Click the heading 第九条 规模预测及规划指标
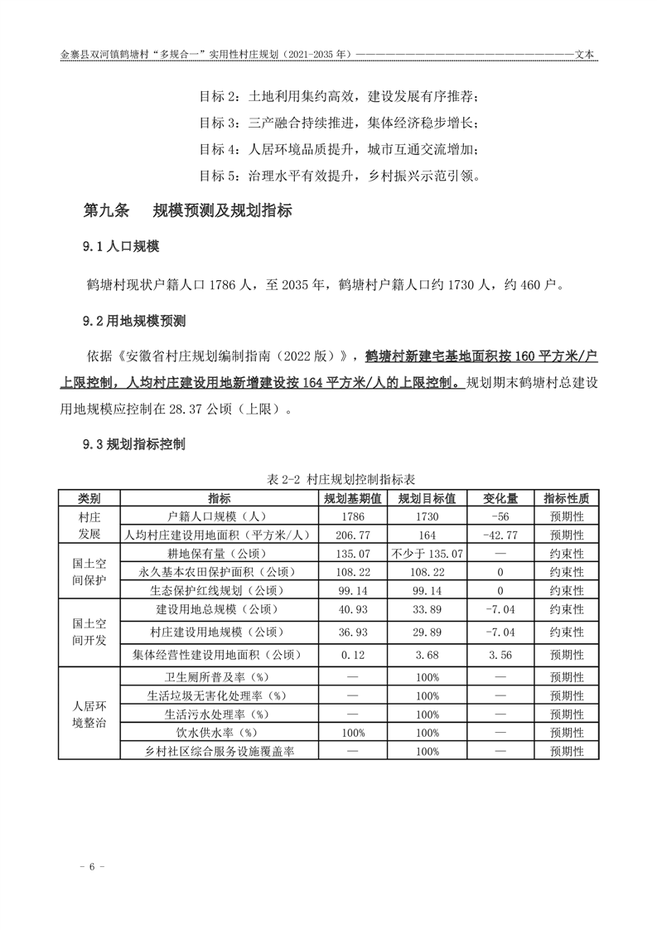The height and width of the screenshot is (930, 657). click(187, 211)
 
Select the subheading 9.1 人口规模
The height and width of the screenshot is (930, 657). click(120, 247)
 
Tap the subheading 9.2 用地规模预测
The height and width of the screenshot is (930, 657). click(133, 321)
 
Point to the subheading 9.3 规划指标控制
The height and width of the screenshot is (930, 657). click(133, 444)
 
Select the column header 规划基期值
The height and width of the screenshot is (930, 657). click(352, 499)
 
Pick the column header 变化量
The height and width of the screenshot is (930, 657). click(500, 499)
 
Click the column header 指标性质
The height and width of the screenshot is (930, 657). click(567, 499)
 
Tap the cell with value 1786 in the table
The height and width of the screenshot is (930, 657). click(352, 517)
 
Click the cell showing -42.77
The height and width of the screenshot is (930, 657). click(500, 535)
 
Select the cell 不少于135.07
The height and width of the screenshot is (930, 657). click(428, 554)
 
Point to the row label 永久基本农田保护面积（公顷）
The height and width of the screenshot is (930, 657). click(220, 572)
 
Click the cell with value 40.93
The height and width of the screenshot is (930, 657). click(352, 609)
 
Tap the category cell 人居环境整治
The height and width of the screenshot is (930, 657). click(89, 714)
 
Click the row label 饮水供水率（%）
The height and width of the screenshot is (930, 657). click(220, 733)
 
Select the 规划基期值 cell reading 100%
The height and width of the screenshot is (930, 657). click(352, 733)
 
